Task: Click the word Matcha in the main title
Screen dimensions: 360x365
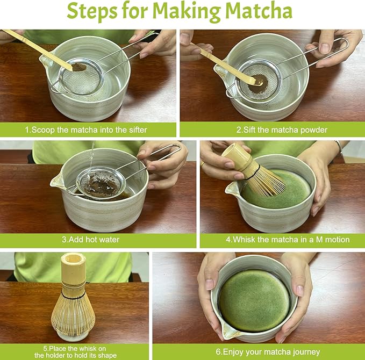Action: pyautogui.click(x=257, y=12)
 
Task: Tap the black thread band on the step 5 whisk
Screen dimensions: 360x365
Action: pyautogui.click(x=73, y=295)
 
